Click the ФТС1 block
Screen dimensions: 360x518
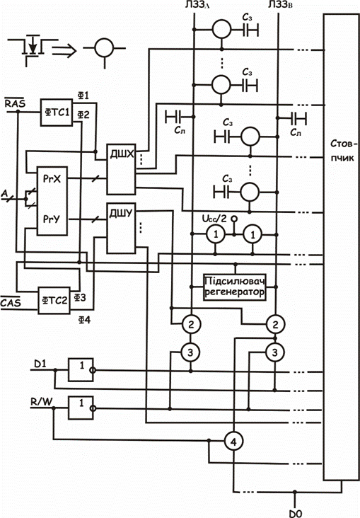(57, 113)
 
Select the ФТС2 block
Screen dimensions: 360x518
(54, 300)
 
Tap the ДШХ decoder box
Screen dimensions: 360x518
(121, 169)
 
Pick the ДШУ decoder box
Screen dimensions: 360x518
(121, 229)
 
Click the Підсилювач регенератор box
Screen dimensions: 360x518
(235, 287)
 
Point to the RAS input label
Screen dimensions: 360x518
(15, 103)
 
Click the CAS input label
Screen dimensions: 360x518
(11, 302)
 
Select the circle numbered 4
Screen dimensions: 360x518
(234, 442)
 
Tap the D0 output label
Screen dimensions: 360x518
(296, 513)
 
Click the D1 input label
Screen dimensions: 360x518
(40, 364)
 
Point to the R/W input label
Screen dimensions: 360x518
(41, 401)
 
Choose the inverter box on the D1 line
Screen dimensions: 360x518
(81, 369)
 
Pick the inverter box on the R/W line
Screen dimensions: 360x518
(81, 408)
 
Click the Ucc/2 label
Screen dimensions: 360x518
(214, 219)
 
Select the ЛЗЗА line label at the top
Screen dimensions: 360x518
(197, 6)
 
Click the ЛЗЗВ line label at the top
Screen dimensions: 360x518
(281, 6)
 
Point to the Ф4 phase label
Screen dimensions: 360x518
(84, 320)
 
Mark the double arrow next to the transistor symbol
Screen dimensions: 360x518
(64, 51)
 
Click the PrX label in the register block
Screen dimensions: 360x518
(52, 179)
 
